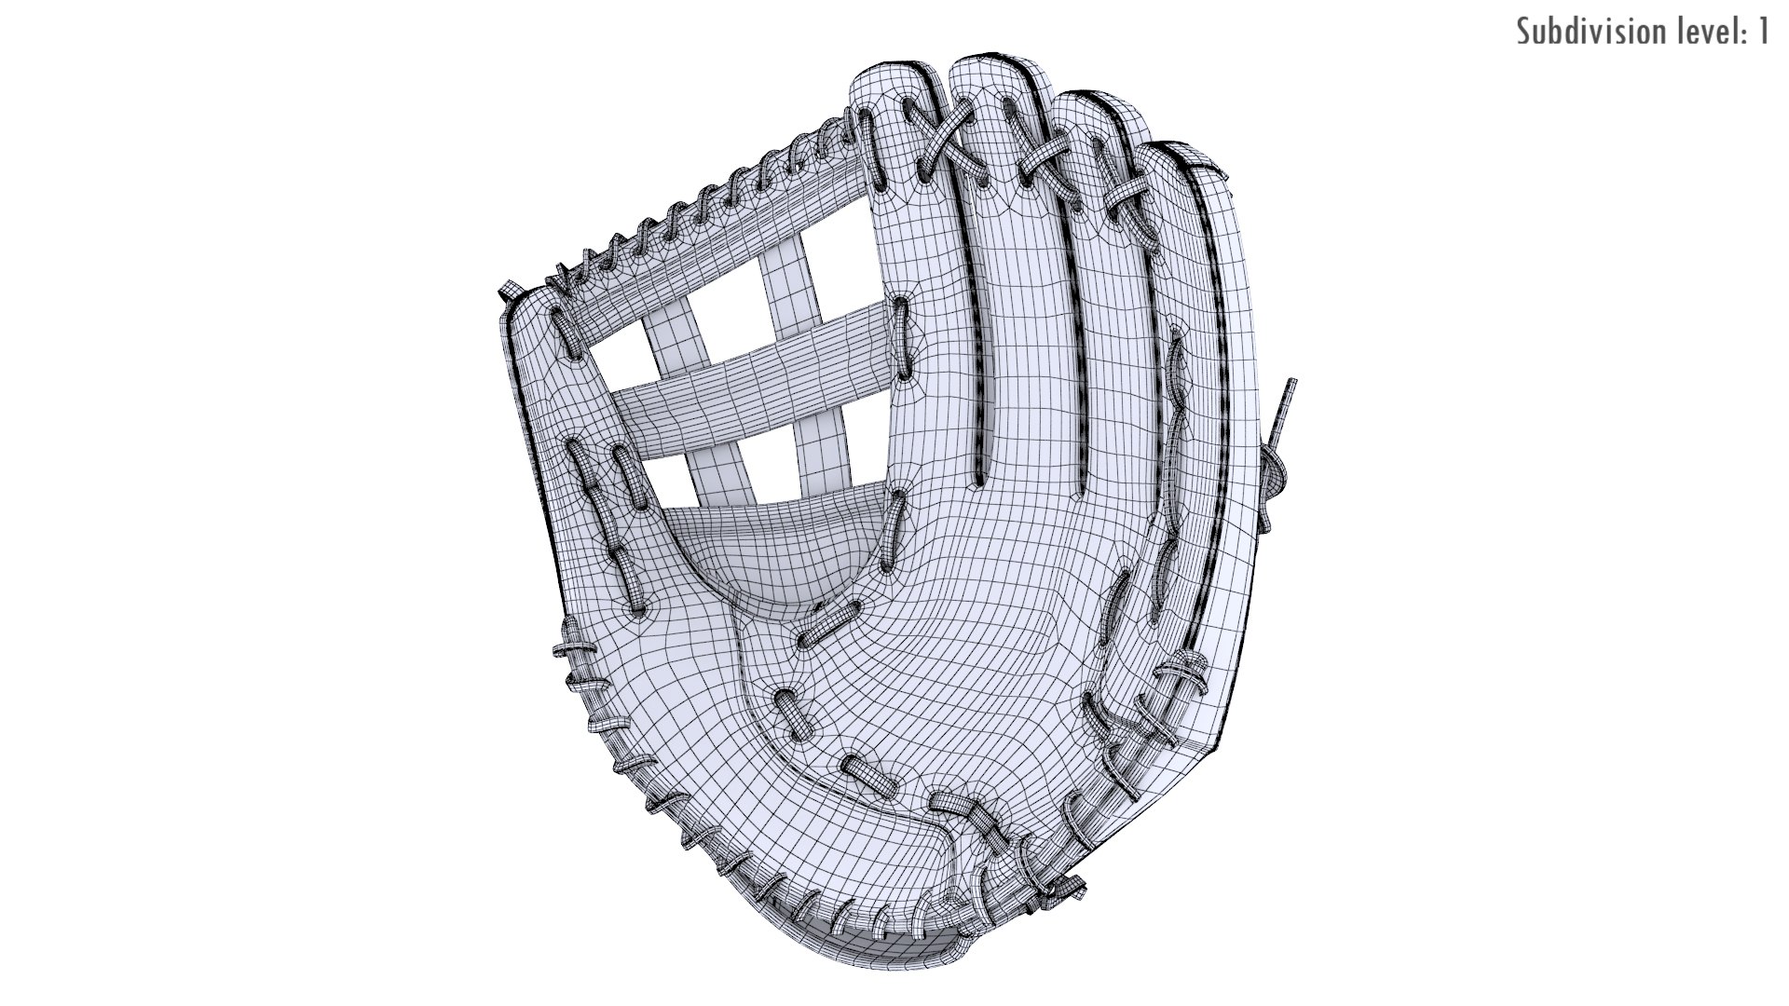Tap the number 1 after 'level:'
(1762, 32)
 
